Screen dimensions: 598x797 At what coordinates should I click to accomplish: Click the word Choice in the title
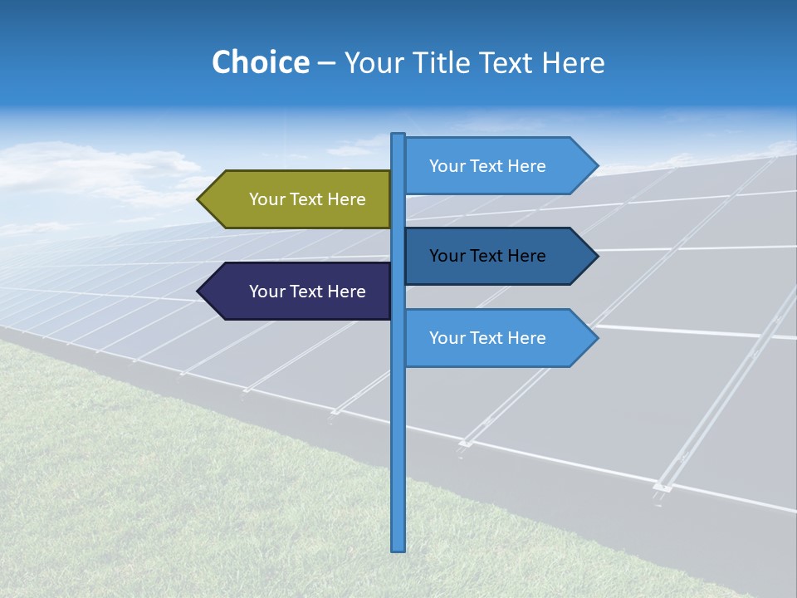(260, 62)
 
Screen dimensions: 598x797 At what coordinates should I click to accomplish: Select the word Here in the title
(573, 62)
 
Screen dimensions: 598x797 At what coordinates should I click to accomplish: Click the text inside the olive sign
(307, 199)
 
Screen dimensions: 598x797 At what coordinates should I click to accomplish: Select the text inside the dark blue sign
(487, 256)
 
